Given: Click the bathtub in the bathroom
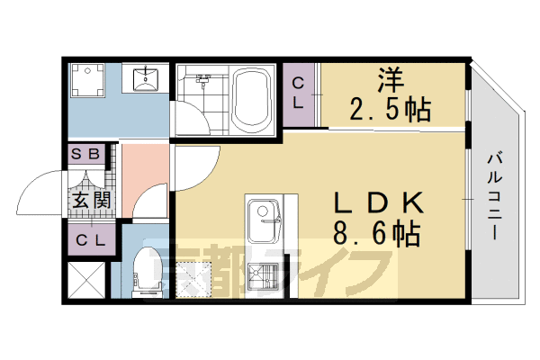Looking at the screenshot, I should (x=252, y=98).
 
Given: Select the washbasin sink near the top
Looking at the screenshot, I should (x=144, y=78).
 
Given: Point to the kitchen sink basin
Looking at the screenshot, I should (x=265, y=216).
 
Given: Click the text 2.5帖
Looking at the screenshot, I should (x=389, y=110).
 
